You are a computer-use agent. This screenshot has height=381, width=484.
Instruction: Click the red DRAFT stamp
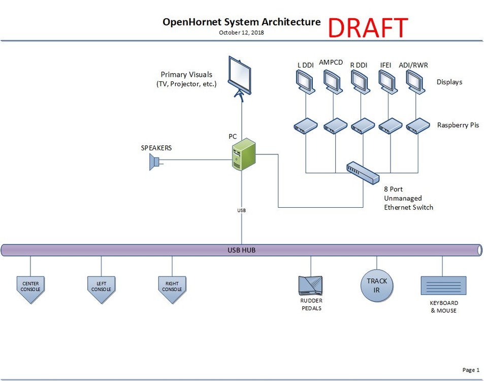368,28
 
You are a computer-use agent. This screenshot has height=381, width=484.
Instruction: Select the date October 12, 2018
241,33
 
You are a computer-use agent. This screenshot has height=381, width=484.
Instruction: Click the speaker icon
154,162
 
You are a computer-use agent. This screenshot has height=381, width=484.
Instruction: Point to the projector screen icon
241,76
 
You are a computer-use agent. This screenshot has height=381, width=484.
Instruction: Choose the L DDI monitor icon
306,81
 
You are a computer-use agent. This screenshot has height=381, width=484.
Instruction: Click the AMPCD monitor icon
333,81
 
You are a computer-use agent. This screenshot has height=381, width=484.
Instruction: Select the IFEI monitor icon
389,81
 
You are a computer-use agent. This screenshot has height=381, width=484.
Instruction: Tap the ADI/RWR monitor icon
416,81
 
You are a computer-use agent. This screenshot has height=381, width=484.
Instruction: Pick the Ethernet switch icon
363,172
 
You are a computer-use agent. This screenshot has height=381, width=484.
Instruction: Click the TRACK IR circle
377,285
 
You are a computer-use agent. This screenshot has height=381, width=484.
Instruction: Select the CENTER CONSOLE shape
30,289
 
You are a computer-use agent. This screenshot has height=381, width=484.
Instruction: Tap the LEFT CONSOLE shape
101,289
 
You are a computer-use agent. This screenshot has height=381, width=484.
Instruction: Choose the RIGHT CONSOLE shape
172,289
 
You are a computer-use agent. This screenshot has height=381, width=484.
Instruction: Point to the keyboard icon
443,285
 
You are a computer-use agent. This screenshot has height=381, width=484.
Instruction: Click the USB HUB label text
242,250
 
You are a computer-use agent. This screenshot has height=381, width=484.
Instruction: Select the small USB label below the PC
242,209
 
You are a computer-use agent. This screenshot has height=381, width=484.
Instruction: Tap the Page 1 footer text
470,370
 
